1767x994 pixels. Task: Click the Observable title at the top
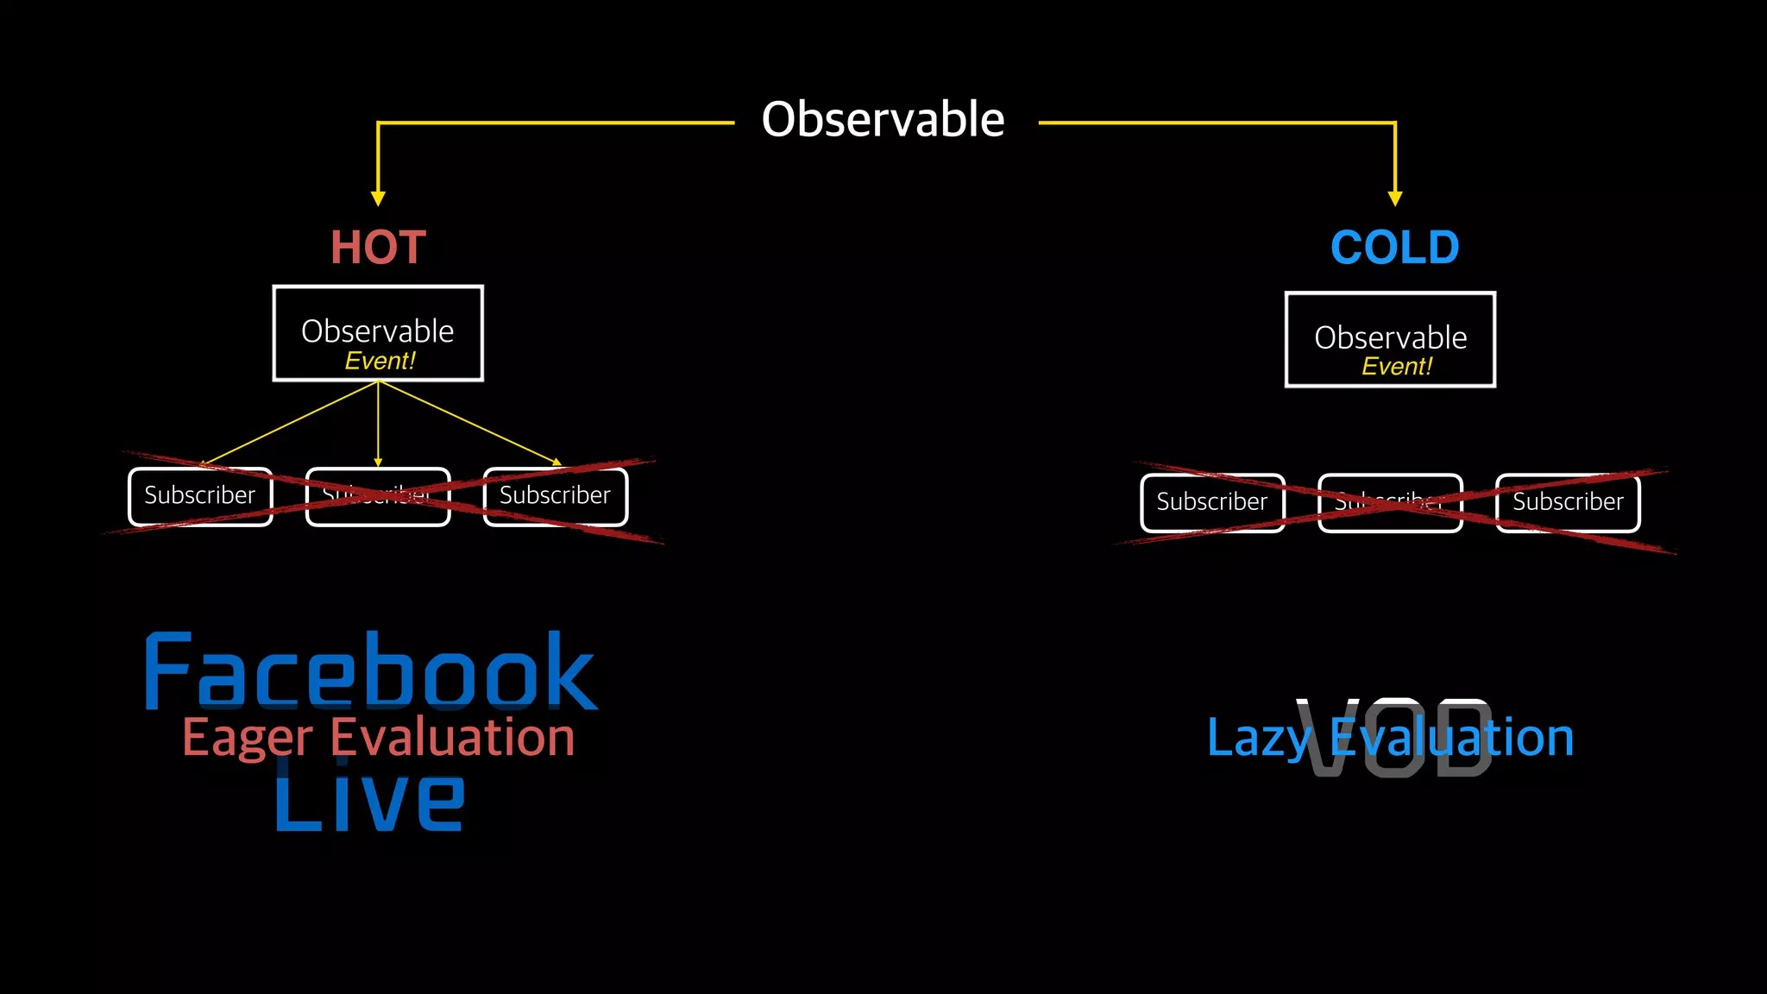(x=883, y=119)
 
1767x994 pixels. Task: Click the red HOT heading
(x=378, y=248)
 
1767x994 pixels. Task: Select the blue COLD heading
(x=1394, y=248)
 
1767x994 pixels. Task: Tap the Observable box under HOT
(x=378, y=332)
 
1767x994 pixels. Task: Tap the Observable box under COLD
(x=1390, y=338)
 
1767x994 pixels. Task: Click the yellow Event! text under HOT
(x=380, y=361)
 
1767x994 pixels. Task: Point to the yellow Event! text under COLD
(x=1396, y=367)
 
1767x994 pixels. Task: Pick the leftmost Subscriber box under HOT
(x=200, y=496)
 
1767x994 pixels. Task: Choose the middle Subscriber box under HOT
(x=378, y=496)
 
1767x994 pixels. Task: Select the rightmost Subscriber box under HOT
(x=556, y=496)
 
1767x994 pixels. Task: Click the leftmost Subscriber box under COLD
(x=1212, y=502)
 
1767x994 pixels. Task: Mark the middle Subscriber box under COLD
(x=1390, y=502)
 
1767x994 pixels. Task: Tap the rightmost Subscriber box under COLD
(x=1568, y=502)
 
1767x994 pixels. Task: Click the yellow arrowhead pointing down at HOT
(x=378, y=198)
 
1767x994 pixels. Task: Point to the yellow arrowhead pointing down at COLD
(x=1395, y=198)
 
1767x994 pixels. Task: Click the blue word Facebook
(x=371, y=671)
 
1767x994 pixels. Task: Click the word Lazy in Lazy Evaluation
(x=1258, y=739)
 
